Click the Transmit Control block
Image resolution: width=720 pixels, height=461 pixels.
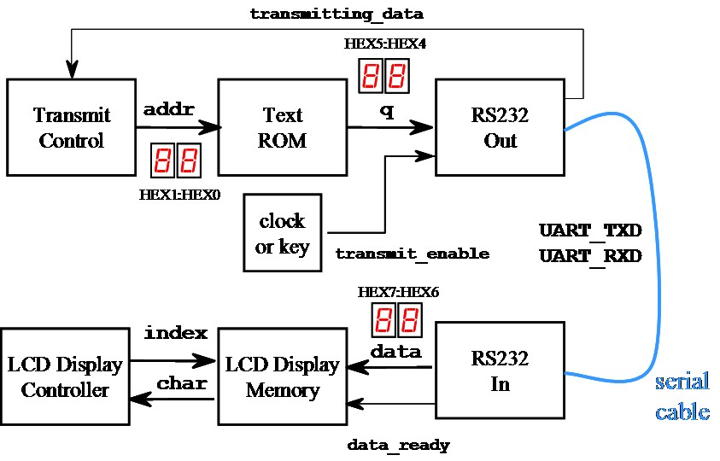71,127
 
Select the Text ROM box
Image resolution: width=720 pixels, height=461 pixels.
282,127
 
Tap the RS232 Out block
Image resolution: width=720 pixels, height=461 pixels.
500,127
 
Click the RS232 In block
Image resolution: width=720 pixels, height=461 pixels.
500,371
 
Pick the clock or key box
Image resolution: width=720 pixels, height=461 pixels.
282,234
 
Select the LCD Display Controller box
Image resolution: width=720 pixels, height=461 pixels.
65,377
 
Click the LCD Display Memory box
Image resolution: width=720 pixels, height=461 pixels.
282,377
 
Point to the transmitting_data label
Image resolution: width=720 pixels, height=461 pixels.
336,15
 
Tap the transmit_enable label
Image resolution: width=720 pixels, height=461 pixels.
412,254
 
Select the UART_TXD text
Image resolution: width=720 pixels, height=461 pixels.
590,231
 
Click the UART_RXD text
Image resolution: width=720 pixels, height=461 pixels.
590,255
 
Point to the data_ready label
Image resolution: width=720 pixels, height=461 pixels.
398,445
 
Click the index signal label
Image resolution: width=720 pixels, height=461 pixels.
175,332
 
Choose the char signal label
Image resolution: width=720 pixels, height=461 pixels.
181,383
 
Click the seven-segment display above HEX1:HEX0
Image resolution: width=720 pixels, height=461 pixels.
176,160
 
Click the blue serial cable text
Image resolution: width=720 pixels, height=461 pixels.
682,397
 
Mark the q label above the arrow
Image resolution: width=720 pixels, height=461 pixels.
387,110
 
